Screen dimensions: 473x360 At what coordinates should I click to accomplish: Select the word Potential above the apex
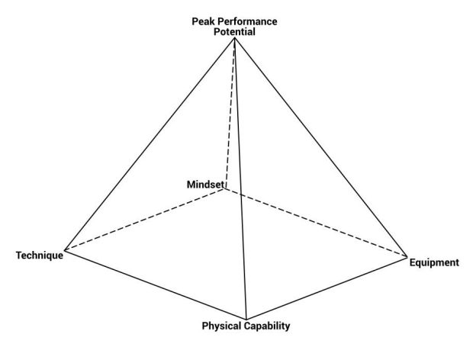click(x=234, y=32)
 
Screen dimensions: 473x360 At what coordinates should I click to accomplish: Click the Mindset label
click(x=205, y=185)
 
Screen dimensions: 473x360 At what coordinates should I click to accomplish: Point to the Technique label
click(x=40, y=256)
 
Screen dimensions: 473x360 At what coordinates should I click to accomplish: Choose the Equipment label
click(x=434, y=262)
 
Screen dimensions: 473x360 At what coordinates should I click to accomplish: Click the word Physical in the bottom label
click(x=222, y=326)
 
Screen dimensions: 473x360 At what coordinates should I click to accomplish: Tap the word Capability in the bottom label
click(x=267, y=326)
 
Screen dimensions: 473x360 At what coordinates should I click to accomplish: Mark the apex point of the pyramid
click(x=234, y=38)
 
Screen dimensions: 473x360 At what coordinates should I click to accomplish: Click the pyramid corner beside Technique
click(x=65, y=250)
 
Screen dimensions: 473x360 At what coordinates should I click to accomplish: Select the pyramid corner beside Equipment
click(x=407, y=257)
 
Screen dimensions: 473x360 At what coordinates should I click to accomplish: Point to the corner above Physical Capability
click(x=246, y=320)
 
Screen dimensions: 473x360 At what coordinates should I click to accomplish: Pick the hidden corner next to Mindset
click(x=224, y=189)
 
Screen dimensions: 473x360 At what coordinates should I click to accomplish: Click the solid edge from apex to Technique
click(x=150, y=144)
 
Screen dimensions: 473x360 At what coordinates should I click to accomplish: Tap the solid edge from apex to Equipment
click(x=321, y=148)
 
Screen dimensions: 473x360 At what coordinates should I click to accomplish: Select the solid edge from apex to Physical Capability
click(x=240, y=178)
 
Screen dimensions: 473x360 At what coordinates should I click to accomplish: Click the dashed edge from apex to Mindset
click(x=230, y=114)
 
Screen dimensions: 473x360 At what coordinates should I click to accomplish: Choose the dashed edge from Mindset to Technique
click(x=144, y=220)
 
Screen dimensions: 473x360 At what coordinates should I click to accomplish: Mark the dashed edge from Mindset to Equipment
click(x=316, y=223)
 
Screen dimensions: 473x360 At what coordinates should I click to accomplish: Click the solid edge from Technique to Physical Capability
click(x=156, y=284)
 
